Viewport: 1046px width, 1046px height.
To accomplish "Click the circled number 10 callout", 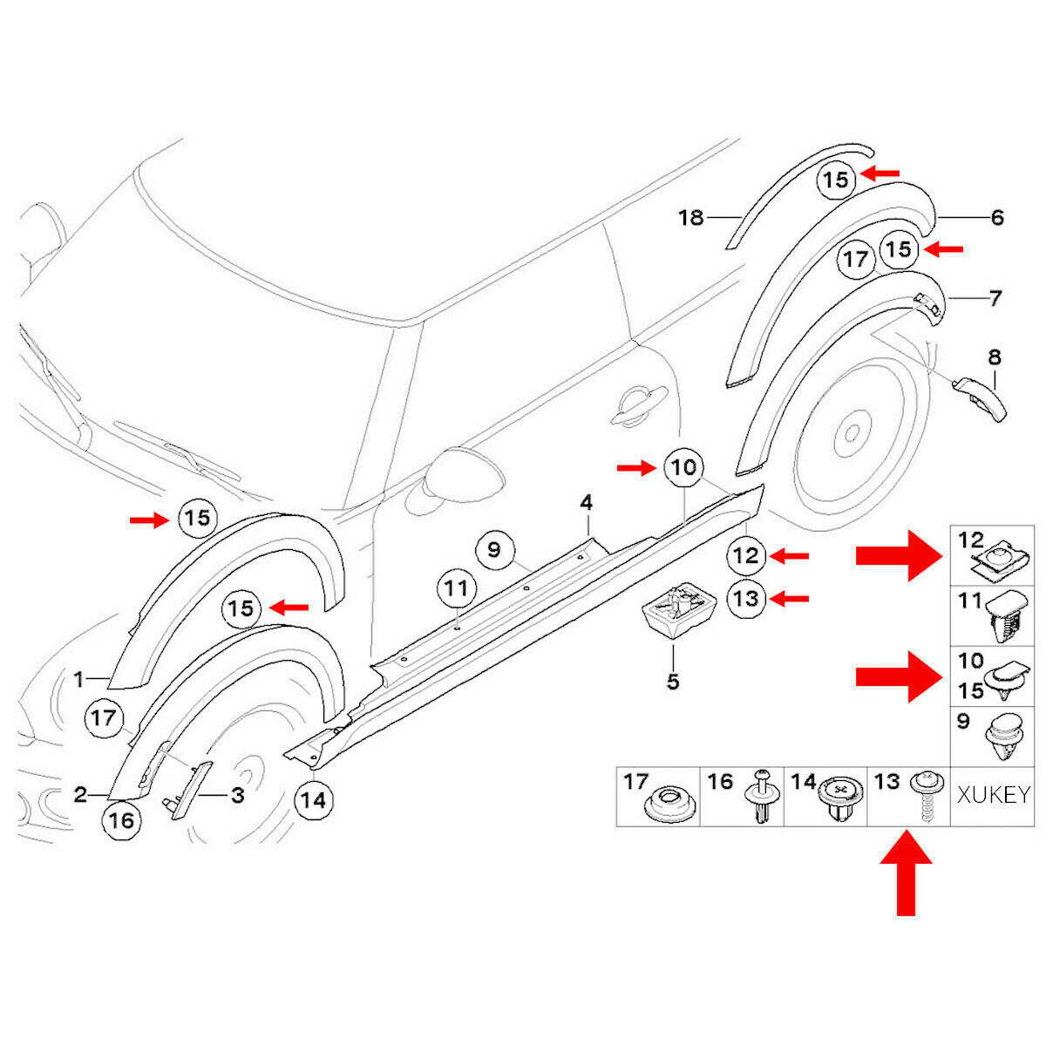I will click(x=684, y=468).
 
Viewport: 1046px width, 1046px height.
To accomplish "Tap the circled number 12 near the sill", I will click(x=748, y=555).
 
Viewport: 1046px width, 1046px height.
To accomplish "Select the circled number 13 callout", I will click(x=748, y=599).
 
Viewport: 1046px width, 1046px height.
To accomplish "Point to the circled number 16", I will click(x=121, y=819).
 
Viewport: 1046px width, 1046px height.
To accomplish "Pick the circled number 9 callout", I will click(x=493, y=550).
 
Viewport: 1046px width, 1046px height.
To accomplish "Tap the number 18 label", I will click(x=690, y=217).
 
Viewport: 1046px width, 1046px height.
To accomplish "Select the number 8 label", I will click(x=994, y=357).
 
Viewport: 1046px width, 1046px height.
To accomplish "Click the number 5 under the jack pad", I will click(x=672, y=681).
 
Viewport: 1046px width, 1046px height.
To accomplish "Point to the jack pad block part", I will click(x=680, y=611).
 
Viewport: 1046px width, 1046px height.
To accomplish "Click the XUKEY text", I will click(x=994, y=795).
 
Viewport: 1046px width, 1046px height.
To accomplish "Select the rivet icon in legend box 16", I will click(x=761, y=799).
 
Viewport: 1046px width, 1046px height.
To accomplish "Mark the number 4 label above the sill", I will click(x=587, y=503).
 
